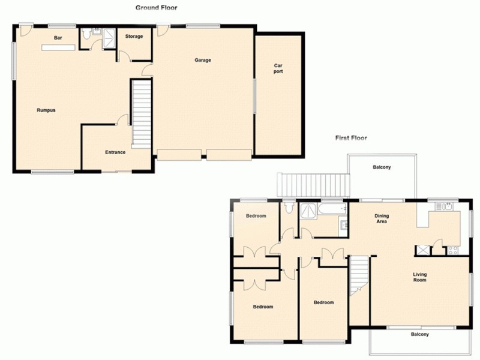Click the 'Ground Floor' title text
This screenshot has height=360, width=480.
[156, 8]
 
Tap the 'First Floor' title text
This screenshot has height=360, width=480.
[351, 138]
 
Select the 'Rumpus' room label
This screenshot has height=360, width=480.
[46, 110]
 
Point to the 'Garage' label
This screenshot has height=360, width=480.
[203, 60]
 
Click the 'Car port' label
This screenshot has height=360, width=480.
[278, 68]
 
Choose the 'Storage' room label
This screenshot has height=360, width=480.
[134, 37]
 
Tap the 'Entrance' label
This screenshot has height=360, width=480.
[115, 152]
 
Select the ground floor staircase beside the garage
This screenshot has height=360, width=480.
[141, 114]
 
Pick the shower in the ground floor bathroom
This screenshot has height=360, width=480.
[109, 37]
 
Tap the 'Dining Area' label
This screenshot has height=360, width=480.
[382, 218]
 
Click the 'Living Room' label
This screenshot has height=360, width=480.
[419, 277]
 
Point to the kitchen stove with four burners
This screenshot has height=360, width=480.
[453, 250]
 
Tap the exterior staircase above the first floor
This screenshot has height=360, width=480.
[312, 183]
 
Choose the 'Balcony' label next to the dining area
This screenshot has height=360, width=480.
[382, 167]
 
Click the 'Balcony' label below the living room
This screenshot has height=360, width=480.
[419, 334]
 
